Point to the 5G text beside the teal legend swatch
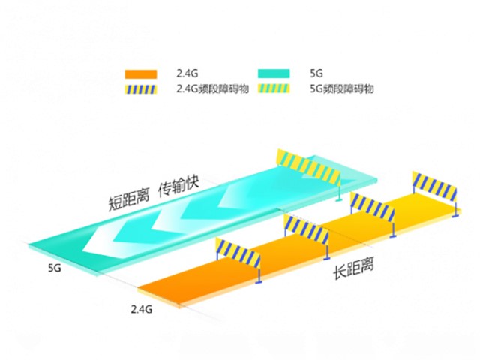coord(316,73)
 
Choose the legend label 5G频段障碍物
coord(341,88)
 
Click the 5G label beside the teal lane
coord(54,266)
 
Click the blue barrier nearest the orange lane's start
coord(238,253)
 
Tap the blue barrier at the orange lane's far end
coord(433,186)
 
